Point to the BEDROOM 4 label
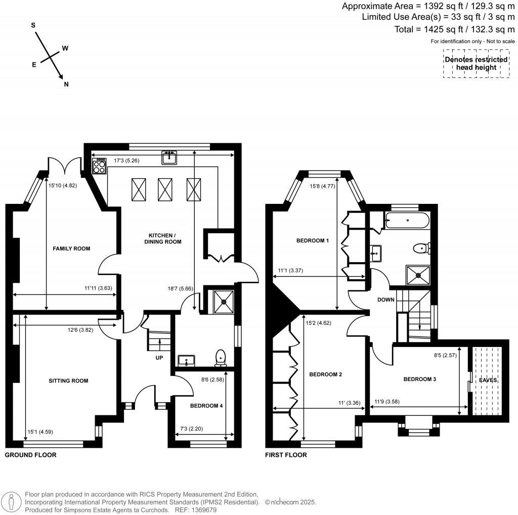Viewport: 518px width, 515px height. point(206,406)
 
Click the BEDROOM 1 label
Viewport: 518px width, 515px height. point(313,240)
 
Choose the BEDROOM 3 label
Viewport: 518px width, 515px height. point(419,378)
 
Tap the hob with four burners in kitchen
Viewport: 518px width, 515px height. point(100,166)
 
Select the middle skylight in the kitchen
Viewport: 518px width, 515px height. point(165,189)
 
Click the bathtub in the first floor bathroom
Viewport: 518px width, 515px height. point(407,221)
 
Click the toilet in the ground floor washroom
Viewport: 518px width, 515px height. point(221,357)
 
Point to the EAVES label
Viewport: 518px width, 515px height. point(488,379)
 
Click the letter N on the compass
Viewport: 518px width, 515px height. point(66,84)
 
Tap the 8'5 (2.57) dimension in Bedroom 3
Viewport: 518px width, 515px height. point(443,356)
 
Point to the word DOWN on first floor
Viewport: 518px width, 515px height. point(385,299)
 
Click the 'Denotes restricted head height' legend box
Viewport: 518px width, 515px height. point(476,63)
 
